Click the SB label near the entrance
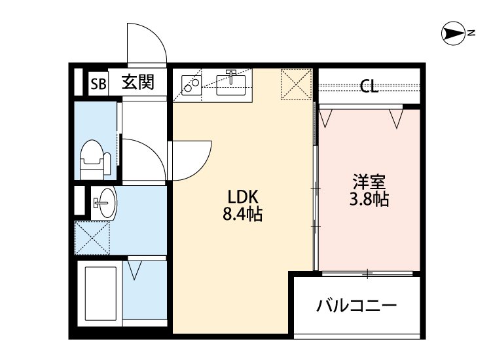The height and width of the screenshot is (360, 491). tap(98, 83)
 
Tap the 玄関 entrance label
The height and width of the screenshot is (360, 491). tap(139, 82)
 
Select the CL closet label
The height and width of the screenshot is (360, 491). tap(369, 86)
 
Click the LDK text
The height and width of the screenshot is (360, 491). tap(244, 196)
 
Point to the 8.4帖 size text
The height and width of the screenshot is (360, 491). tap(243, 214)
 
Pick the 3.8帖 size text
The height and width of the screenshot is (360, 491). tap(369, 200)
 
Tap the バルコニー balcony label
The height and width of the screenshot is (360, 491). tap(357, 306)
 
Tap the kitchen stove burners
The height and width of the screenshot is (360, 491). tap(191, 86)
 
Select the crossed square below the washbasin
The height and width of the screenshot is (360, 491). tap(91, 237)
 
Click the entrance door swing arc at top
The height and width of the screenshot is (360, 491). tap(145, 43)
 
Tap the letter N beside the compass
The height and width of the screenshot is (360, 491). tap(471, 33)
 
